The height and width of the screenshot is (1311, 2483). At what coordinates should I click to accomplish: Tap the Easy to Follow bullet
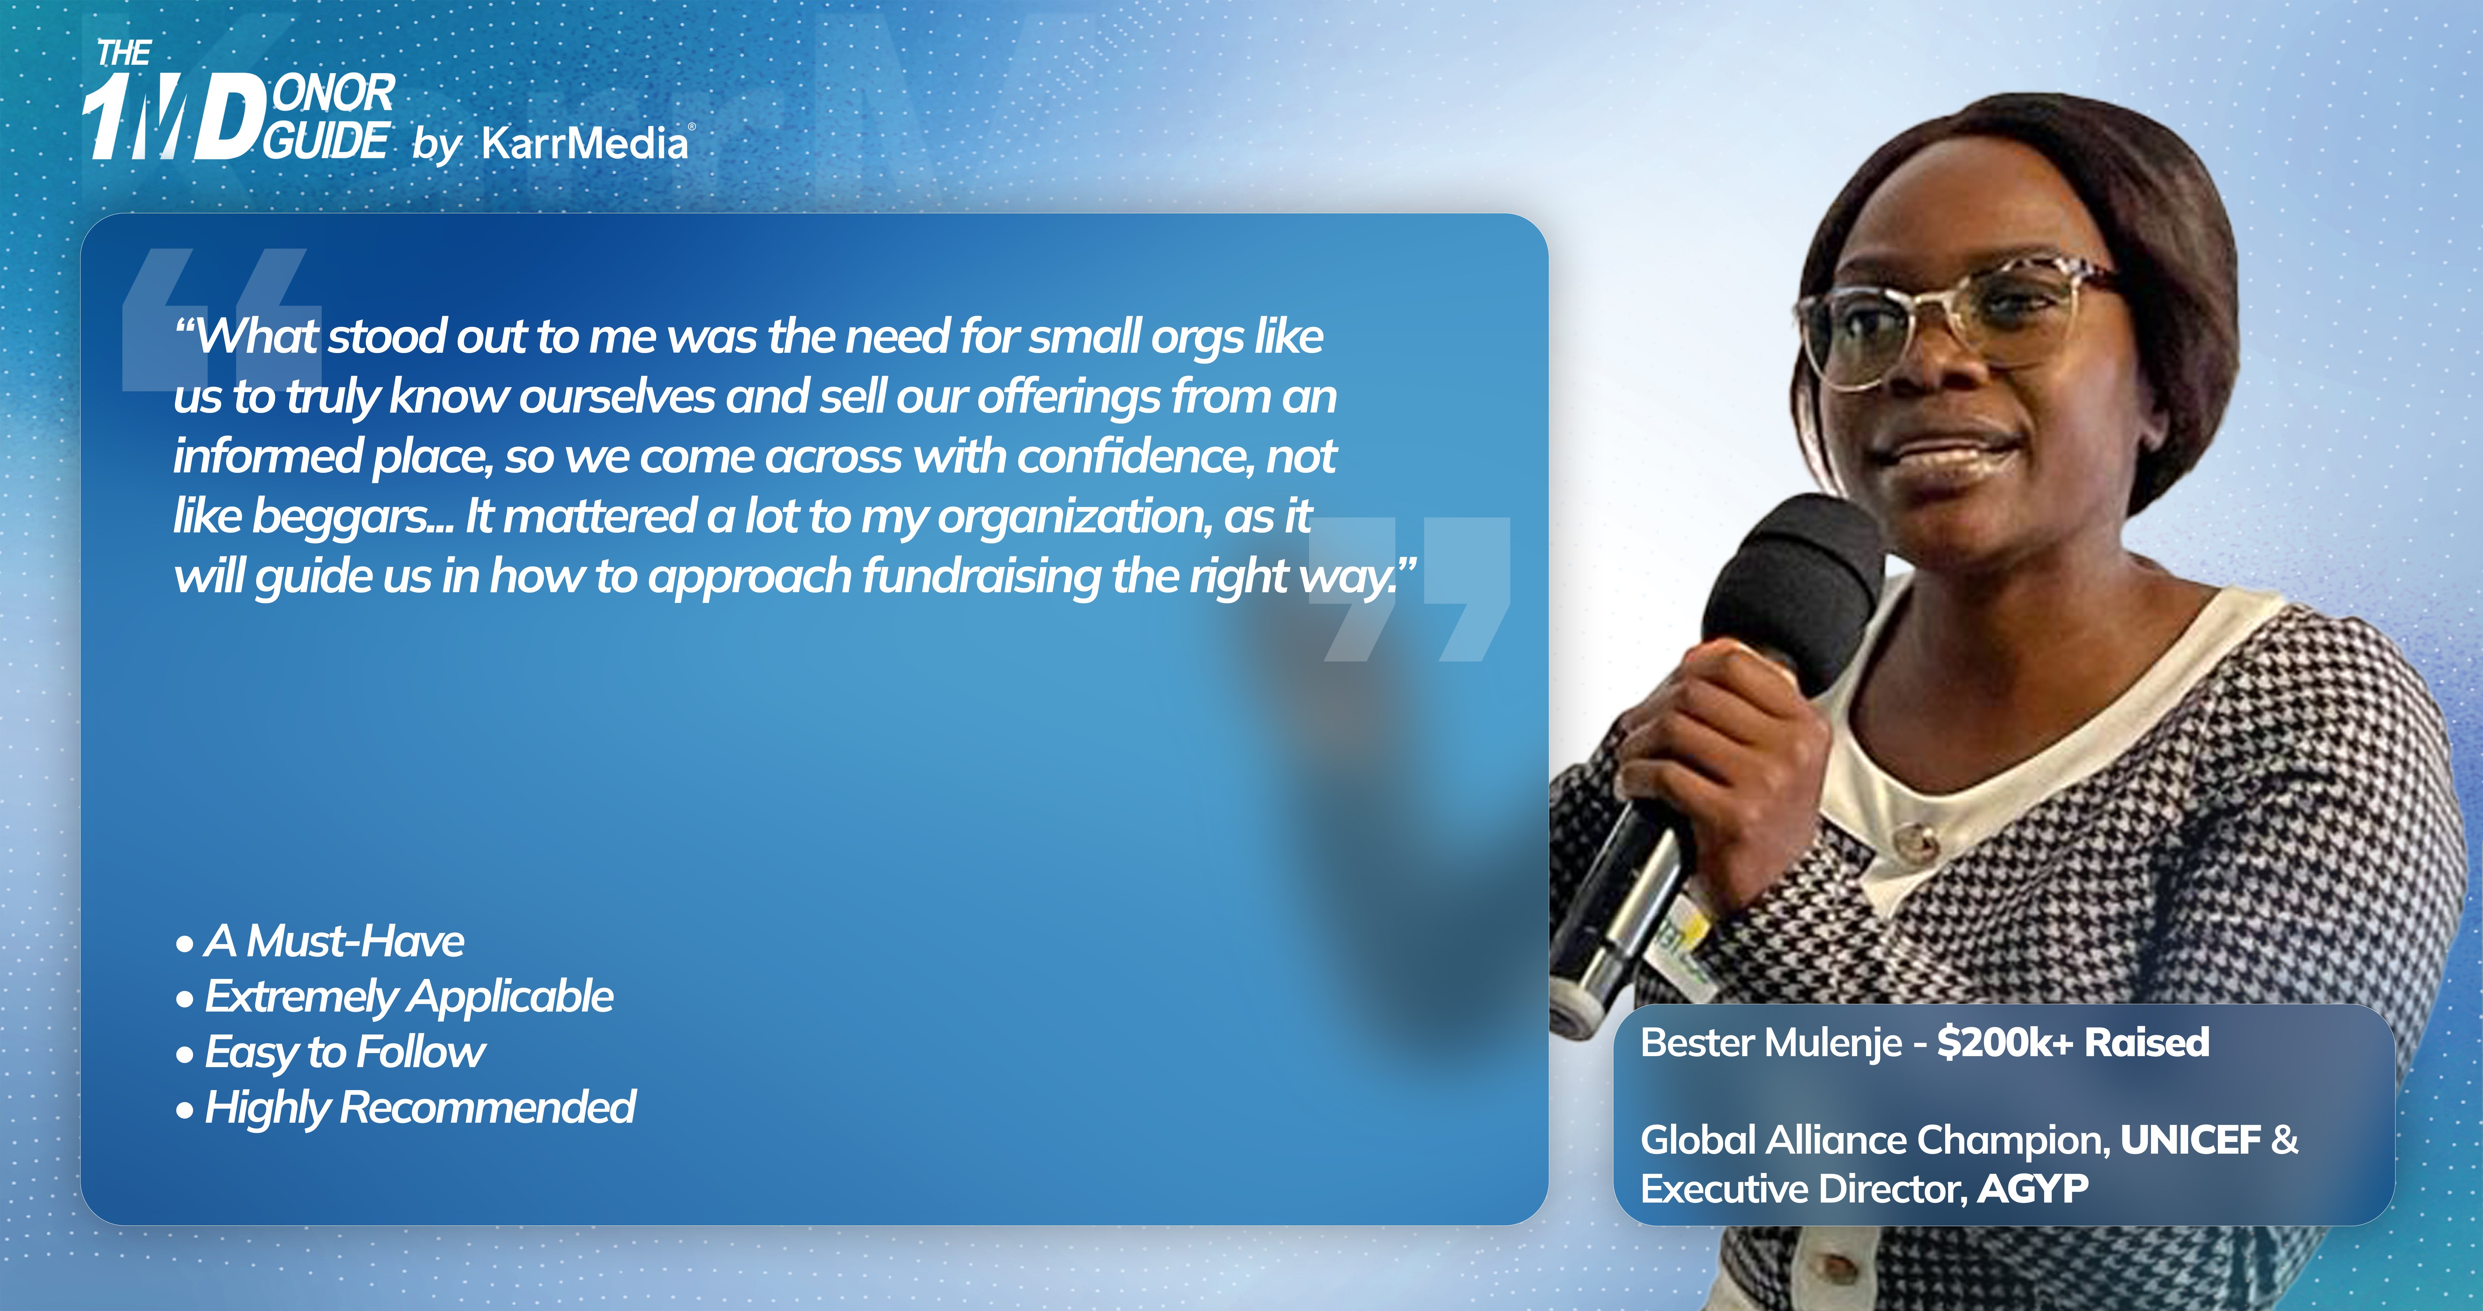point(331,1052)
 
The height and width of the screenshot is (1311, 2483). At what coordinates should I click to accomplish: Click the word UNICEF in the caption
point(2190,1140)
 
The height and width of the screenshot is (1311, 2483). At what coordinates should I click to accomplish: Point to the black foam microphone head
point(1793,588)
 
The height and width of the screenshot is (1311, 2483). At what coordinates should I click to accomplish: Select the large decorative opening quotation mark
point(222,318)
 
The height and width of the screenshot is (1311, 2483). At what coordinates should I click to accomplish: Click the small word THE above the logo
point(123,53)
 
